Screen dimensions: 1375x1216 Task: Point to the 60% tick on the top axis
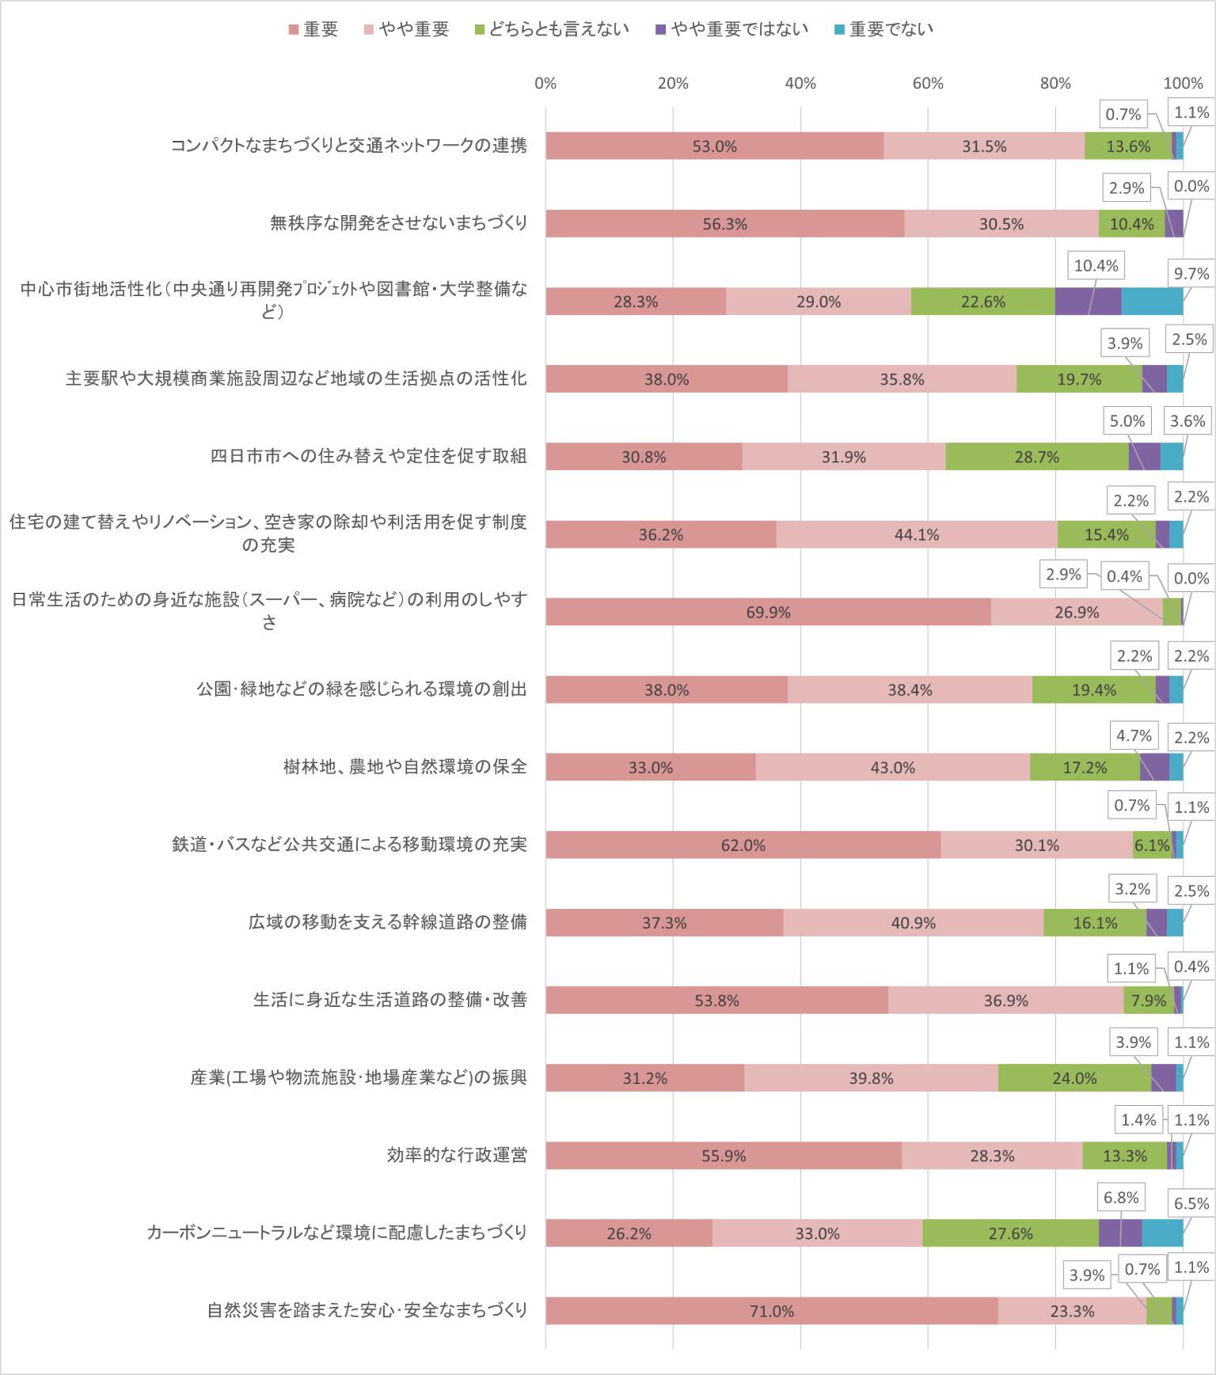928,84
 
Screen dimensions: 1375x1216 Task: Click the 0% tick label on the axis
545,84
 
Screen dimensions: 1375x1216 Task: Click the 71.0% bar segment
772,1311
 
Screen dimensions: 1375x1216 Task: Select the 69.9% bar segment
768,612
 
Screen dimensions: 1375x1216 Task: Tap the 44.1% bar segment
917,534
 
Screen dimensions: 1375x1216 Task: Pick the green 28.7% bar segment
1037,457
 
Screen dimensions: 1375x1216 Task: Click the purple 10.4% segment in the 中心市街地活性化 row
1089,302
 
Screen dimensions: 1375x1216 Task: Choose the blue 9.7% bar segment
1153,302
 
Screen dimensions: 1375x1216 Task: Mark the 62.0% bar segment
743,845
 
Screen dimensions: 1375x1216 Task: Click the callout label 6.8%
1121,1198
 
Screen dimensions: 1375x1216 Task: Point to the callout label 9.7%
1191,274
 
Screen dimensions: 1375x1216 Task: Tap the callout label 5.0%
1127,421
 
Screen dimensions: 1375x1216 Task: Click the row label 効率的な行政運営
457,1155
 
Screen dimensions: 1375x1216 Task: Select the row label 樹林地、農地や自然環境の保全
405,767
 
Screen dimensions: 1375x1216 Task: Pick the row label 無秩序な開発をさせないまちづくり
398,223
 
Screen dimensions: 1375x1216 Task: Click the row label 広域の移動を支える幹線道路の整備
387,922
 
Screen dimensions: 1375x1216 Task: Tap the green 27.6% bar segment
1010,1233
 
